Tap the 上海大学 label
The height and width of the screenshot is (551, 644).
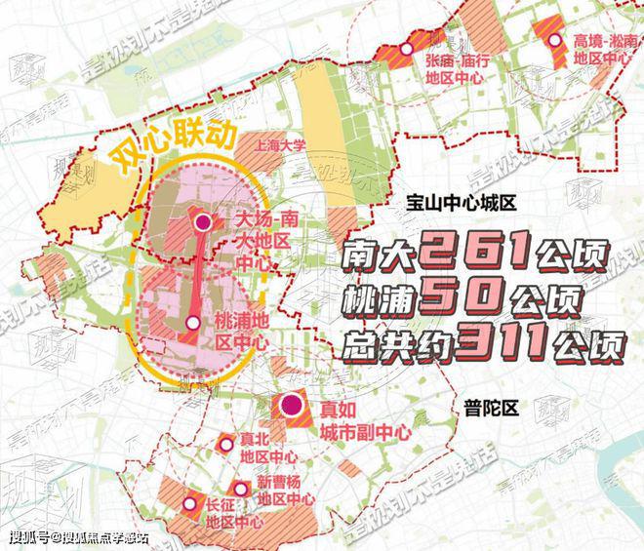279,142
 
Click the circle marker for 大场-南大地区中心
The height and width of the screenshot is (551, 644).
203,222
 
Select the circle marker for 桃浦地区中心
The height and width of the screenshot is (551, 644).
194,323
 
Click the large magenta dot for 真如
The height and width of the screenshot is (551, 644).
290,406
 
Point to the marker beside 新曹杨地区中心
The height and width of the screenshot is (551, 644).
239,488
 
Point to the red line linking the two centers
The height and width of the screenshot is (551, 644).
198,273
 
